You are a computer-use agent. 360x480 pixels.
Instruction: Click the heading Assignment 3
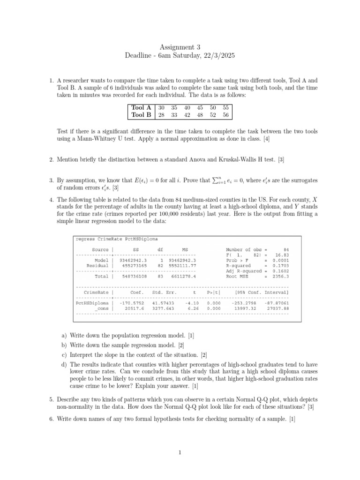tap(180, 47)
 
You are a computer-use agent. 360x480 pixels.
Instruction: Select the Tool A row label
tap(141, 107)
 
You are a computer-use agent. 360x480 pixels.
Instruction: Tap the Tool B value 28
tap(161, 114)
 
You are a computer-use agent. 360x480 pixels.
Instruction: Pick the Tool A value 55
tap(226, 107)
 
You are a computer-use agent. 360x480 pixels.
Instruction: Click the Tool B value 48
tap(200, 114)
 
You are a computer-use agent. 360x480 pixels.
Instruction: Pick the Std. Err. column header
tap(164, 292)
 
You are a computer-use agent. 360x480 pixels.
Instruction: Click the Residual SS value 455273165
tap(135, 265)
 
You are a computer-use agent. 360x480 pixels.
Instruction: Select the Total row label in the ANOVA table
tap(101, 277)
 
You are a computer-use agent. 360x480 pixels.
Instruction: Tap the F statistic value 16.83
tap(282, 255)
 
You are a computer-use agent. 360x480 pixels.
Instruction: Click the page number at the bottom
tap(180, 452)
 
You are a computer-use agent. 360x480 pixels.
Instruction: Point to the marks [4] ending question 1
tap(266, 139)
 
